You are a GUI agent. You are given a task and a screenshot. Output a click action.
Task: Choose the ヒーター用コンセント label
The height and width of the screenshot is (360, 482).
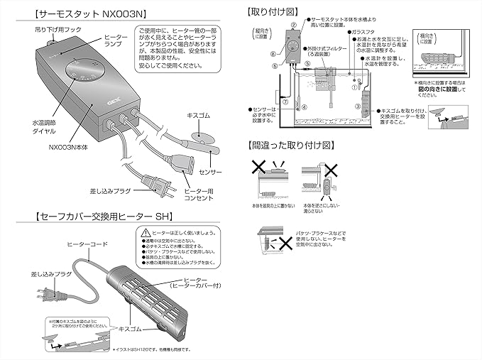(202, 197)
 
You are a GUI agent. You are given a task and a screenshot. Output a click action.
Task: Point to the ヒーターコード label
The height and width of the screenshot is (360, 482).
(88, 244)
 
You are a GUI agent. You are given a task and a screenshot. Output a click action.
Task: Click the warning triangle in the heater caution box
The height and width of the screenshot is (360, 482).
(146, 232)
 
